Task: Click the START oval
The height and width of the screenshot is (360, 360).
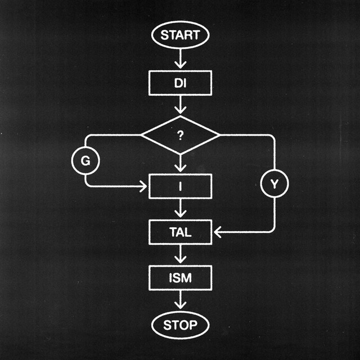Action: click(x=180, y=35)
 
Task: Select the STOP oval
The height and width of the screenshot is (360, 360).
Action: click(x=180, y=325)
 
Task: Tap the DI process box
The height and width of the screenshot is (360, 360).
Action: click(x=180, y=83)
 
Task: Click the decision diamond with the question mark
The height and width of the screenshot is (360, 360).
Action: click(x=180, y=135)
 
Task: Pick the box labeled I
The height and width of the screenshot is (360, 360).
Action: click(x=180, y=187)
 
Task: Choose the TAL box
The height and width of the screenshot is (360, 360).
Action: click(x=180, y=231)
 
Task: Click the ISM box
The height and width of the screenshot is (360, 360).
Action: click(x=180, y=278)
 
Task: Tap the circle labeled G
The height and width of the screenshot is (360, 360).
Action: click(x=85, y=161)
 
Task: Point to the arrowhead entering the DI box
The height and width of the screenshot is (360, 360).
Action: click(x=180, y=66)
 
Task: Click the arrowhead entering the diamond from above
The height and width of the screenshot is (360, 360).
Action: click(x=180, y=110)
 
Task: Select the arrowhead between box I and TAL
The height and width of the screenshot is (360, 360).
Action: click(x=180, y=214)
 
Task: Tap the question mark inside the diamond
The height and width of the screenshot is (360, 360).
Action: click(x=180, y=136)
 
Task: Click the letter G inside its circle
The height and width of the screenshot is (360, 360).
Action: click(x=85, y=161)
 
